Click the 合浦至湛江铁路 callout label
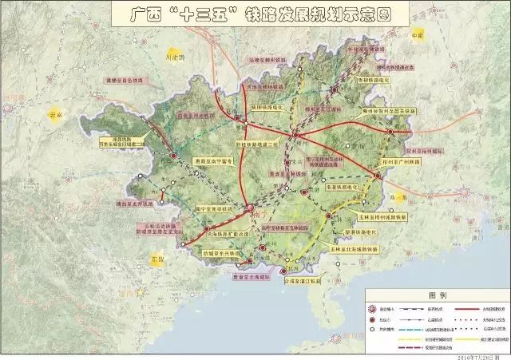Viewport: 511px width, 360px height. [x=301, y=280]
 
